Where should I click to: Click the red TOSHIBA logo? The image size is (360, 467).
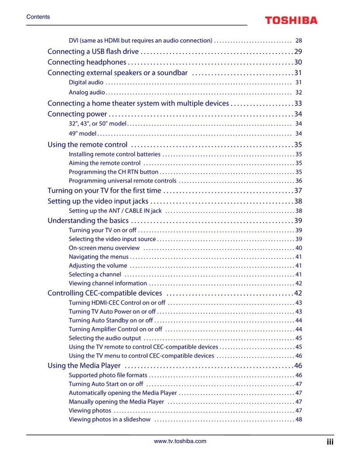[x=291, y=20]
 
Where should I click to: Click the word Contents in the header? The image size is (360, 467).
[x=38, y=17]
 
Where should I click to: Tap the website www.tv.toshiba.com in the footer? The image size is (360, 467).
[x=180, y=441]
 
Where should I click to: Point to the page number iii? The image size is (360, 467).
[x=330, y=442]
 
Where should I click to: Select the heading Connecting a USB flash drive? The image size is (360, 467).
[x=93, y=51]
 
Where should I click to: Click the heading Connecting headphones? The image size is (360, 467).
[x=87, y=62]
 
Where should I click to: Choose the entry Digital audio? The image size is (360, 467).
[x=86, y=82]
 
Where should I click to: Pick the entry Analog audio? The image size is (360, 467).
[x=87, y=92]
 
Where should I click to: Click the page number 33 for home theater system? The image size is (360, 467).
[x=298, y=104]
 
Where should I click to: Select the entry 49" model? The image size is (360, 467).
[x=83, y=134]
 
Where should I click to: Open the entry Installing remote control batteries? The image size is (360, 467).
[x=114, y=154]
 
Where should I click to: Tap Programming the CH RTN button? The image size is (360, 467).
[x=113, y=172]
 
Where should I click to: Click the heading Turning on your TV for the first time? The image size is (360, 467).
[x=104, y=190]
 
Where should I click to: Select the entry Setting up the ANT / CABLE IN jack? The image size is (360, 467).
[x=115, y=211]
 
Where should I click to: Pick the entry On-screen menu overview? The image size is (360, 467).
[x=104, y=248]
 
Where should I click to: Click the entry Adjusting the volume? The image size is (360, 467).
[x=98, y=266]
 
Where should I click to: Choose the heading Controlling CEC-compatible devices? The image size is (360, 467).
[x=105, y=293]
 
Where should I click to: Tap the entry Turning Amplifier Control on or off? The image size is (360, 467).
[x=115, y=329]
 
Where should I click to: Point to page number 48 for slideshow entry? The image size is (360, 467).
[x=298, y=420]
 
